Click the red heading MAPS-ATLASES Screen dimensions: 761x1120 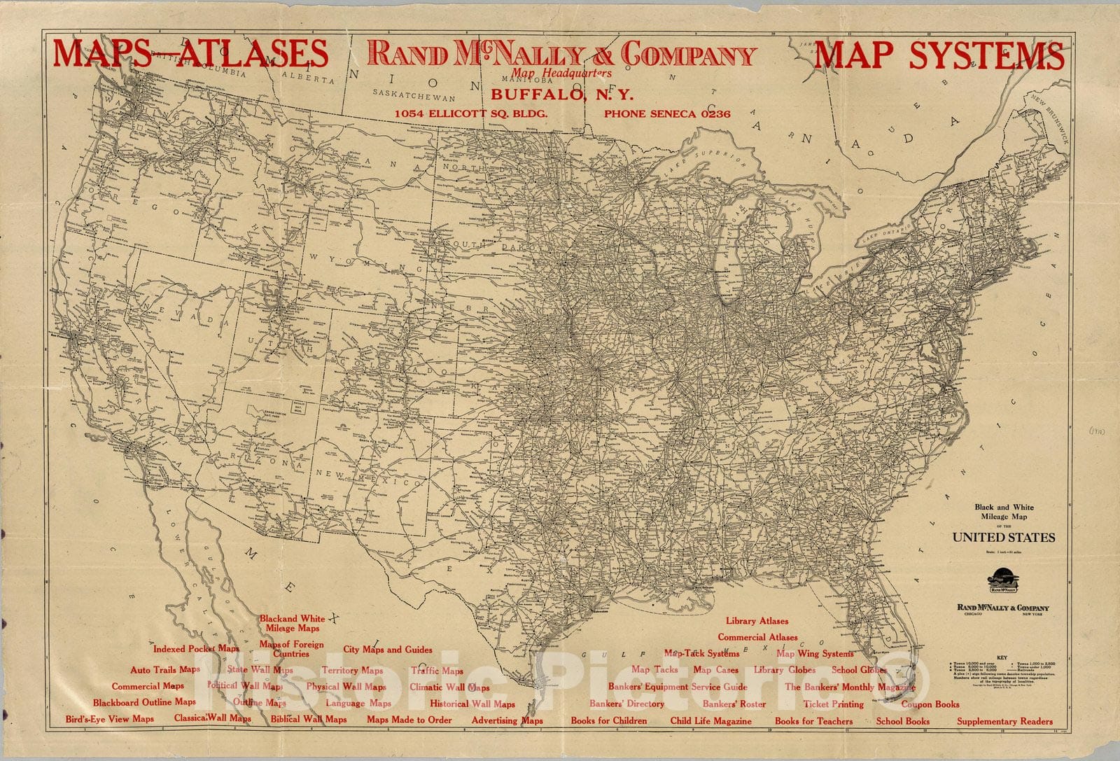[x=190, y=54]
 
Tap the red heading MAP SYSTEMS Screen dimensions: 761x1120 [x=939, y=55]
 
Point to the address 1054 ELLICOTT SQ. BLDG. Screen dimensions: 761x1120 [x=470, y=113]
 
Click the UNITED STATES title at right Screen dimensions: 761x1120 [x=1003, y=538]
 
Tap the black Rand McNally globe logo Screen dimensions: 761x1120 [x=1003, y=582]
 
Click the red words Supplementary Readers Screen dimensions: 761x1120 [x=1004, y=721]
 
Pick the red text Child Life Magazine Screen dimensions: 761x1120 [x=710, y=720]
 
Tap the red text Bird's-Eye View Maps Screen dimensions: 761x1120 [x=109, y=719]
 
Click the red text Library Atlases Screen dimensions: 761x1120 [x=757, y=621]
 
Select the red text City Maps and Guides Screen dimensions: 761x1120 [x=387, y=650]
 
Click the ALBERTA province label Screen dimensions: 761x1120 [x=308, y=79]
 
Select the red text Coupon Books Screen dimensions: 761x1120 [x=930, y=704]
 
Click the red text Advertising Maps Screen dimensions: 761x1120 [x=507, y=720]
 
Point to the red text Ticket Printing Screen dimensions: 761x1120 [x=833, y=704]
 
